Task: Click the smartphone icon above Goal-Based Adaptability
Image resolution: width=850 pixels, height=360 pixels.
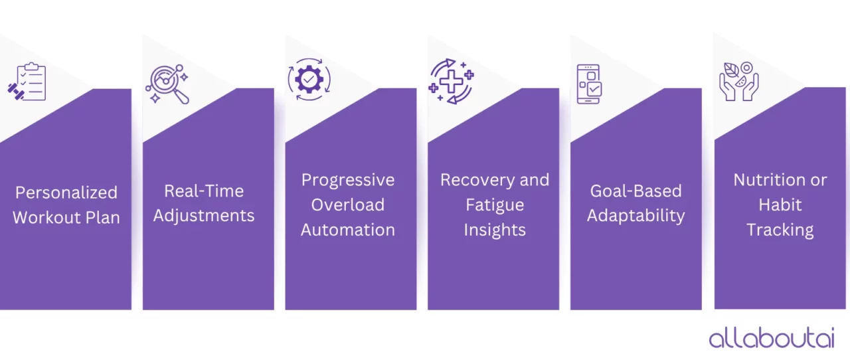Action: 588,84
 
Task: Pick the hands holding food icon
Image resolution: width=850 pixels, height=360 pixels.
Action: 738,82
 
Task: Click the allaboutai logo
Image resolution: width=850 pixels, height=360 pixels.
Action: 771,337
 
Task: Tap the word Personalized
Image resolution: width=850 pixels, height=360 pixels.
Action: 66,193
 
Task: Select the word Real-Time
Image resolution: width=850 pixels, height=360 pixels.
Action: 204,191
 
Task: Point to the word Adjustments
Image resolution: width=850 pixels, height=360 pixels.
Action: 204,216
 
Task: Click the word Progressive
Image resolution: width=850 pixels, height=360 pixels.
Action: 348,180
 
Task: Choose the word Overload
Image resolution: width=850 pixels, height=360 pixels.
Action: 348,205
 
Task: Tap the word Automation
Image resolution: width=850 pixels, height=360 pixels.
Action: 348,230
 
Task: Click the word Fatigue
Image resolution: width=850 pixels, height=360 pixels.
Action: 495,205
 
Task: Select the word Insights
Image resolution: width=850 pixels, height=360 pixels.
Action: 495,230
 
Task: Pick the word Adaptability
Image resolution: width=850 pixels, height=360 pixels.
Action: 636,216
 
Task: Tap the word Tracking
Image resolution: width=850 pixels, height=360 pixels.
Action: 780,230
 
